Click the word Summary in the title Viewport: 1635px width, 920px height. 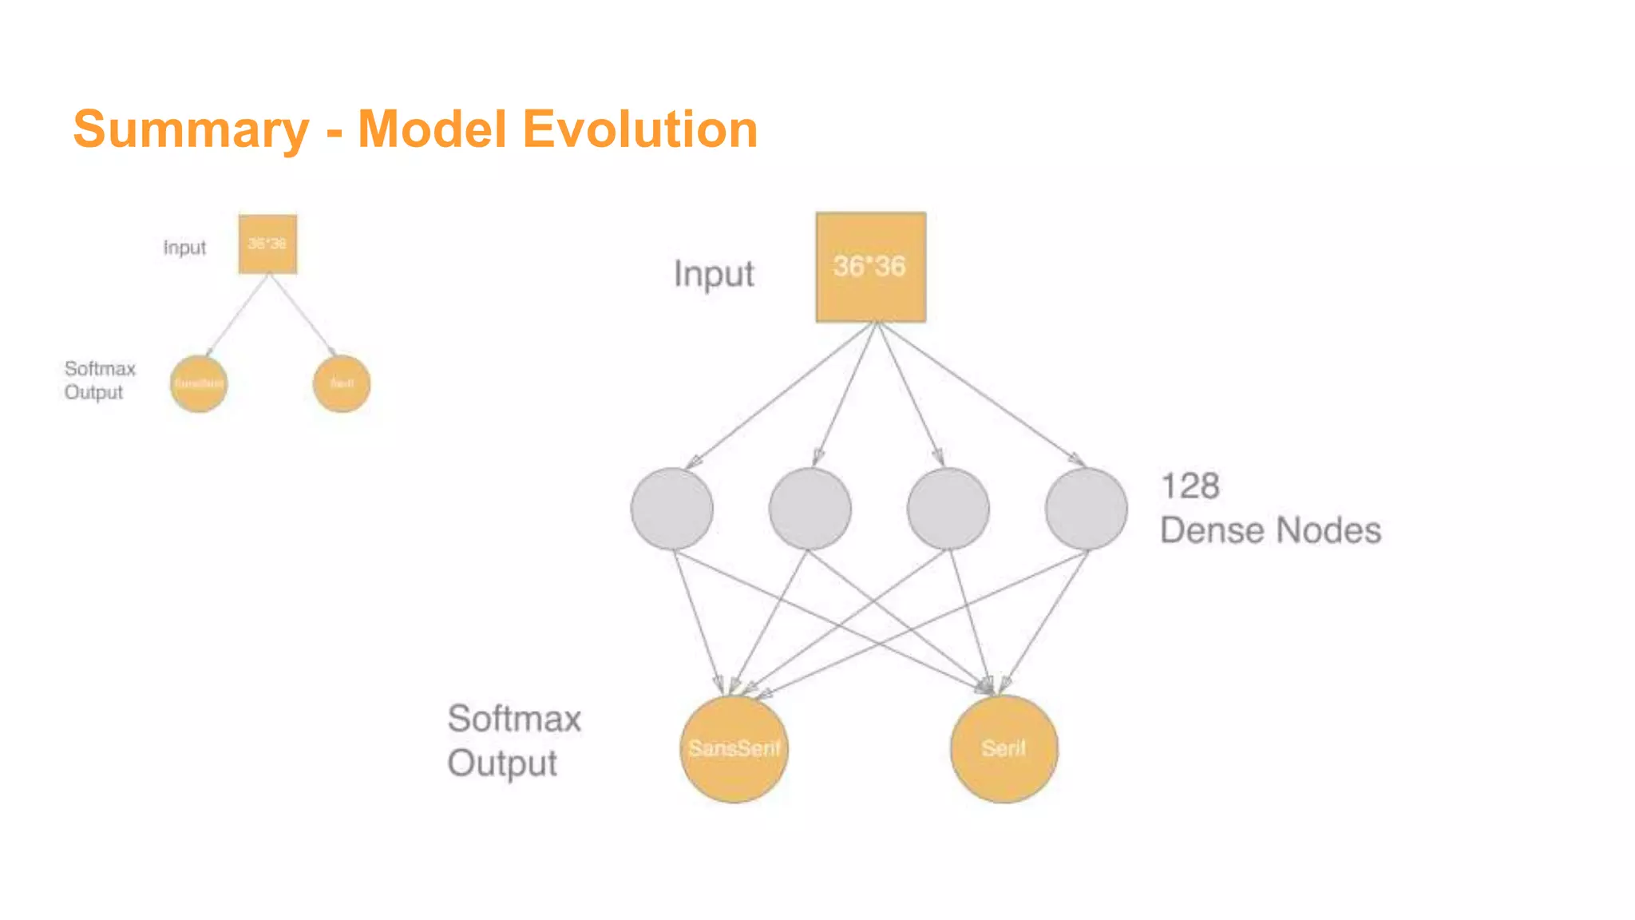[190, 129]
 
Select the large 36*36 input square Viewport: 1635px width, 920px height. [870, 267]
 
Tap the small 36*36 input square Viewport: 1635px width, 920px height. [267, 244]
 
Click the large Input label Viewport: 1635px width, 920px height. [713, 274]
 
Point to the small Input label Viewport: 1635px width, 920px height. [184, 248]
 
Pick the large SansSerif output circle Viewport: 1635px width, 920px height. [734, 748]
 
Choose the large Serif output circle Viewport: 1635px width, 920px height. [1004, 748]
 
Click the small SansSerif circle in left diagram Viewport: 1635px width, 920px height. [199, 384]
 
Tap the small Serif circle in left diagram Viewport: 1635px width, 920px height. [342, 384]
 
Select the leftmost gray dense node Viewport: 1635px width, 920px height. [671, 509]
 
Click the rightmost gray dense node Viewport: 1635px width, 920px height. [1086, 509]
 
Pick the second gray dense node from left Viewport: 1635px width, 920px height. [810, 509]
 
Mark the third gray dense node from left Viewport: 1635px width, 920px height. [948, 509]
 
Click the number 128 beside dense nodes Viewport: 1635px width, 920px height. [1190, 486]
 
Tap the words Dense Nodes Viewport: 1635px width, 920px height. [1269, 531]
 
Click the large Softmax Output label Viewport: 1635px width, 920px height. [513, 740]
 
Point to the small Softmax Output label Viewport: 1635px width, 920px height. [99, 380]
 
